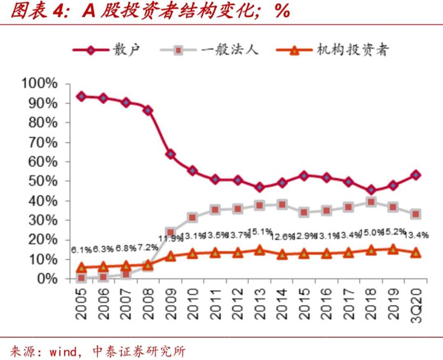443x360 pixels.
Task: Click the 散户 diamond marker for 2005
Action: [x=82, y=96]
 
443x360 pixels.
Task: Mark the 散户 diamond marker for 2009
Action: [x=171, y=154]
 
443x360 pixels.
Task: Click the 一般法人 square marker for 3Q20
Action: [x=416, y=214]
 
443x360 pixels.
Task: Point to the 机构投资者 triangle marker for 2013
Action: [x=259, y=250]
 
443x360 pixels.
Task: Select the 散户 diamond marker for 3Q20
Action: [x=416, y=175]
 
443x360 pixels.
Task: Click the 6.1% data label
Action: [x=81, y=250]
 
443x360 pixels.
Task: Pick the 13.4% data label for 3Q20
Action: [x=416, y=235]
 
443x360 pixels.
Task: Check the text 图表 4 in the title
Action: [x=37, y=11]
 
